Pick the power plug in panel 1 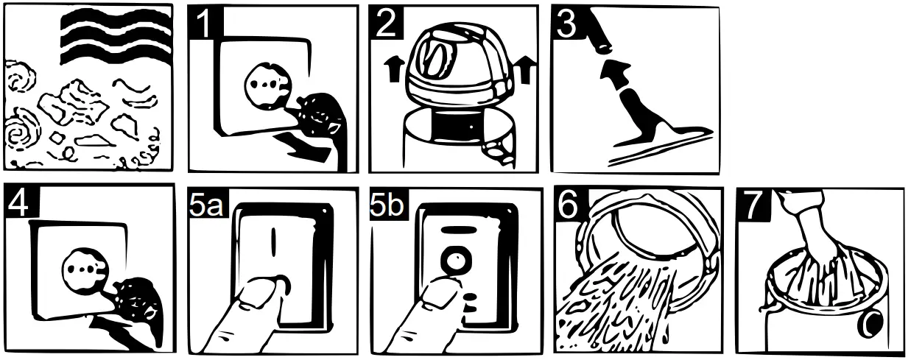coord(320,114)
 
